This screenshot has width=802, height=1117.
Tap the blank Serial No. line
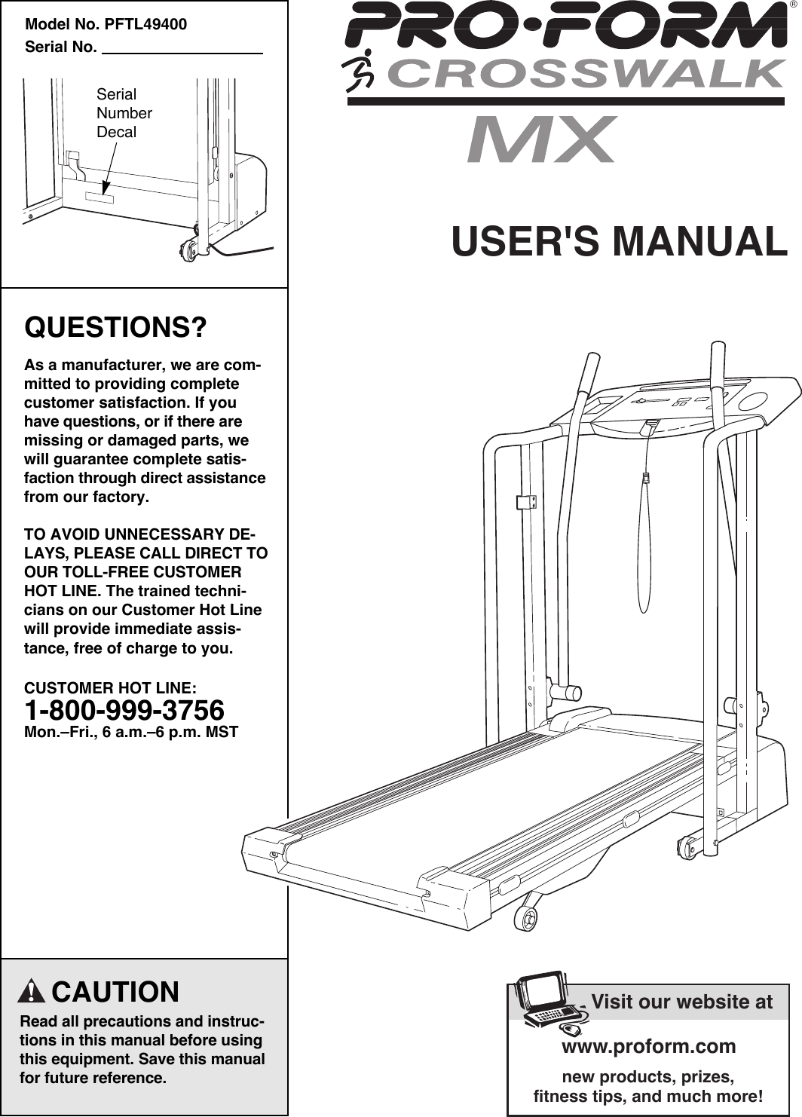point(181,48)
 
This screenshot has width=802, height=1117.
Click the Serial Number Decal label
point(124,113)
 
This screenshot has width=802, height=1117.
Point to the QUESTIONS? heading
point(116,328)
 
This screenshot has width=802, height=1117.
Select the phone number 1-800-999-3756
point(124,710)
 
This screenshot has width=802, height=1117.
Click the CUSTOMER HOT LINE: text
point(111,688)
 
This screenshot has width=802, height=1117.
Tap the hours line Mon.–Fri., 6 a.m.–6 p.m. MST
point(131,732)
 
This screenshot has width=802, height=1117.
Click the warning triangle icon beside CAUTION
point(31,991)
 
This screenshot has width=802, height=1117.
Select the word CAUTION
point(115,992)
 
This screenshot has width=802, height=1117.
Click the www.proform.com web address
point(648,1046)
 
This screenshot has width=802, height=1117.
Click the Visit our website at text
point(681,1002)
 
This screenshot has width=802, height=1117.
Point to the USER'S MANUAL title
point(619,241)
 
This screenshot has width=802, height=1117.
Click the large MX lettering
point(541,140)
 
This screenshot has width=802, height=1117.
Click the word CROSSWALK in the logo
point(586,75)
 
